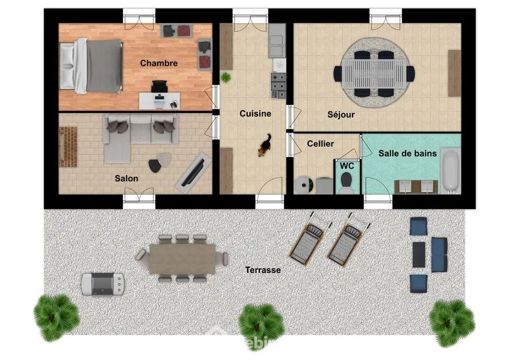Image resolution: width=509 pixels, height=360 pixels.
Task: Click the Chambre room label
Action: [x=159, y=63]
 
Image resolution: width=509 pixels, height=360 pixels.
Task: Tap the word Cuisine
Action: [x=255, y=113]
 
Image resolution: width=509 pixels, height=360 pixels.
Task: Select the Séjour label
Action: [x=341, y=114]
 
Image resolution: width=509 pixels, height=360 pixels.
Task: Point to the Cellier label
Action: [x=320, y=144]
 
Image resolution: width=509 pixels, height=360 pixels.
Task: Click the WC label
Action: [x=347, y=165]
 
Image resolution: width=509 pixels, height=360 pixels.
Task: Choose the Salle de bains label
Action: [x=407, y=153]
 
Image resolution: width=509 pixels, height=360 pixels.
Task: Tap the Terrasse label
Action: [x=262, y=270]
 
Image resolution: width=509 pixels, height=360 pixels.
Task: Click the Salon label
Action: [x=126, y=178]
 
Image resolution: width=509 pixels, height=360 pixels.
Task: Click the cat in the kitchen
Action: [x=264, y=146]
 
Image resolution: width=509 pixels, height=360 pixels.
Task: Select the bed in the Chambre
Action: [x=91, y=66]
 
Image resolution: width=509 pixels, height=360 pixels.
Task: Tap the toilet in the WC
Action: [x=347, y=183]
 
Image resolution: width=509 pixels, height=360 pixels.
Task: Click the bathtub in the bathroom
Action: [x=450, y=171]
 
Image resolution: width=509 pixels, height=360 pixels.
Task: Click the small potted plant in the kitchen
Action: [x=226, y=77]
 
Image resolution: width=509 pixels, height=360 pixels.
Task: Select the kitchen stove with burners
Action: [x=278, y=85]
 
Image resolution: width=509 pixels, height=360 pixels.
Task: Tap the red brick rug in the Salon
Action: [x=68, y=146]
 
